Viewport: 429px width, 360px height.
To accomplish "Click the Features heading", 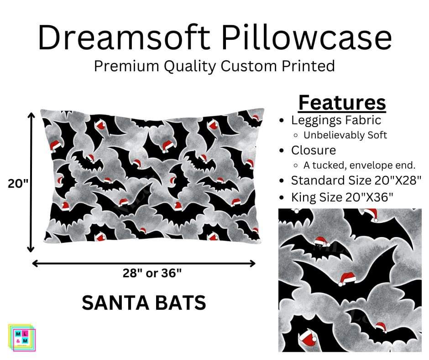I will (342, 103).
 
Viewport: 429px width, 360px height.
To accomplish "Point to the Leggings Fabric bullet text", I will (336, 120).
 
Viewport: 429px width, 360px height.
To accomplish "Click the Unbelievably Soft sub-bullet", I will (345, 135).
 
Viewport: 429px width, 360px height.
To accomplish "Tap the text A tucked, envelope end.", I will (360, 165).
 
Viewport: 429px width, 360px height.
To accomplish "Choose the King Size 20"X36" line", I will (342, 197).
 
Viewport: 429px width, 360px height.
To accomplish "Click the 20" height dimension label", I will (18, 184).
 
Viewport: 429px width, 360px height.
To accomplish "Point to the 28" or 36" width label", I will (152, 273).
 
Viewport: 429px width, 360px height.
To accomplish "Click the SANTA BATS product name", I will (144, 303).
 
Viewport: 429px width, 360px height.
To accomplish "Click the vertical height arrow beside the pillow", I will (31, 183).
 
